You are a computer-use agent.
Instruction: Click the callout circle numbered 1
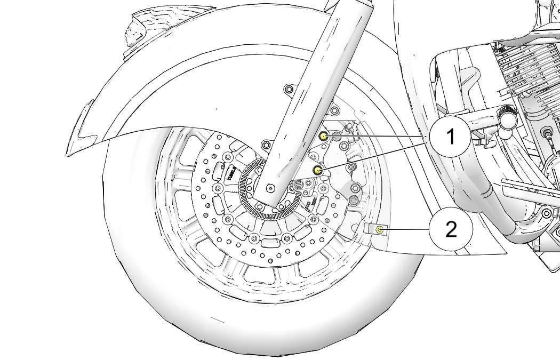[451, 137]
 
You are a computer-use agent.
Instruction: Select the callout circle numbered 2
[451, 230]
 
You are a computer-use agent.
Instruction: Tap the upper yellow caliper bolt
[323, 137]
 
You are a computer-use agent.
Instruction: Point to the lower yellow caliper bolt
[318, 171]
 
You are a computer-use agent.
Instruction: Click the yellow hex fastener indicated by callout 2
[379, 230]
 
